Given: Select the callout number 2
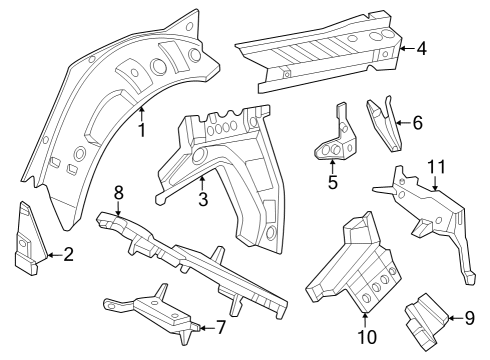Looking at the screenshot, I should point(68,254).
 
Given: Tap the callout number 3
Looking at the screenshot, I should point(202,199).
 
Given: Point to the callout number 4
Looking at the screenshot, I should point(421,47).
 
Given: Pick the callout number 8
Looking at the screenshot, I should point(118,192).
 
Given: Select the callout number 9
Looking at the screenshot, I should point(468,318).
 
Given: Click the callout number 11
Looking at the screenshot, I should point(435,166).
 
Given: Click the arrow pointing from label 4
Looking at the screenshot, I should point(405,47).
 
